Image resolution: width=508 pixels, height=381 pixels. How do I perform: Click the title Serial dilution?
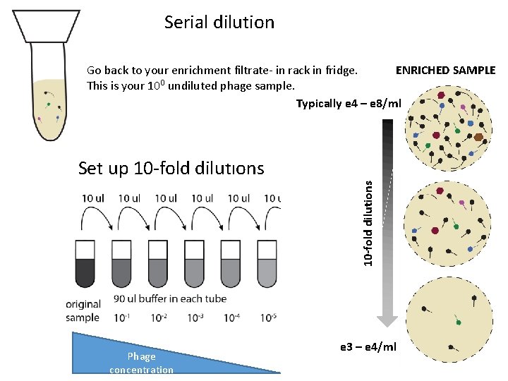tap(219, 22)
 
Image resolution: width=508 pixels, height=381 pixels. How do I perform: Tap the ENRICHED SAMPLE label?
tap(445, 71)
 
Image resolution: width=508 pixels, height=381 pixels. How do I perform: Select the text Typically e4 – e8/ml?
tap(348, 104)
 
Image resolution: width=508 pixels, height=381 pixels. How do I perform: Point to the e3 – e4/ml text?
tap(368, 346)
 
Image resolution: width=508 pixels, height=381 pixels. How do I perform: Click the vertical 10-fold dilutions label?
tap(368, 222)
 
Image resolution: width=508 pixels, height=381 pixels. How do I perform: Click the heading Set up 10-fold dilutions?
tap(171, 168)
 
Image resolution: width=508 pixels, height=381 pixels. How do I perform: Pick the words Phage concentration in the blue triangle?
tap(141, 363)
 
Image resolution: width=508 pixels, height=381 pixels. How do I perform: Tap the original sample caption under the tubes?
tap(83, 311)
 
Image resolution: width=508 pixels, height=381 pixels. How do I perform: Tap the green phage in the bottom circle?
tap(459, 322)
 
